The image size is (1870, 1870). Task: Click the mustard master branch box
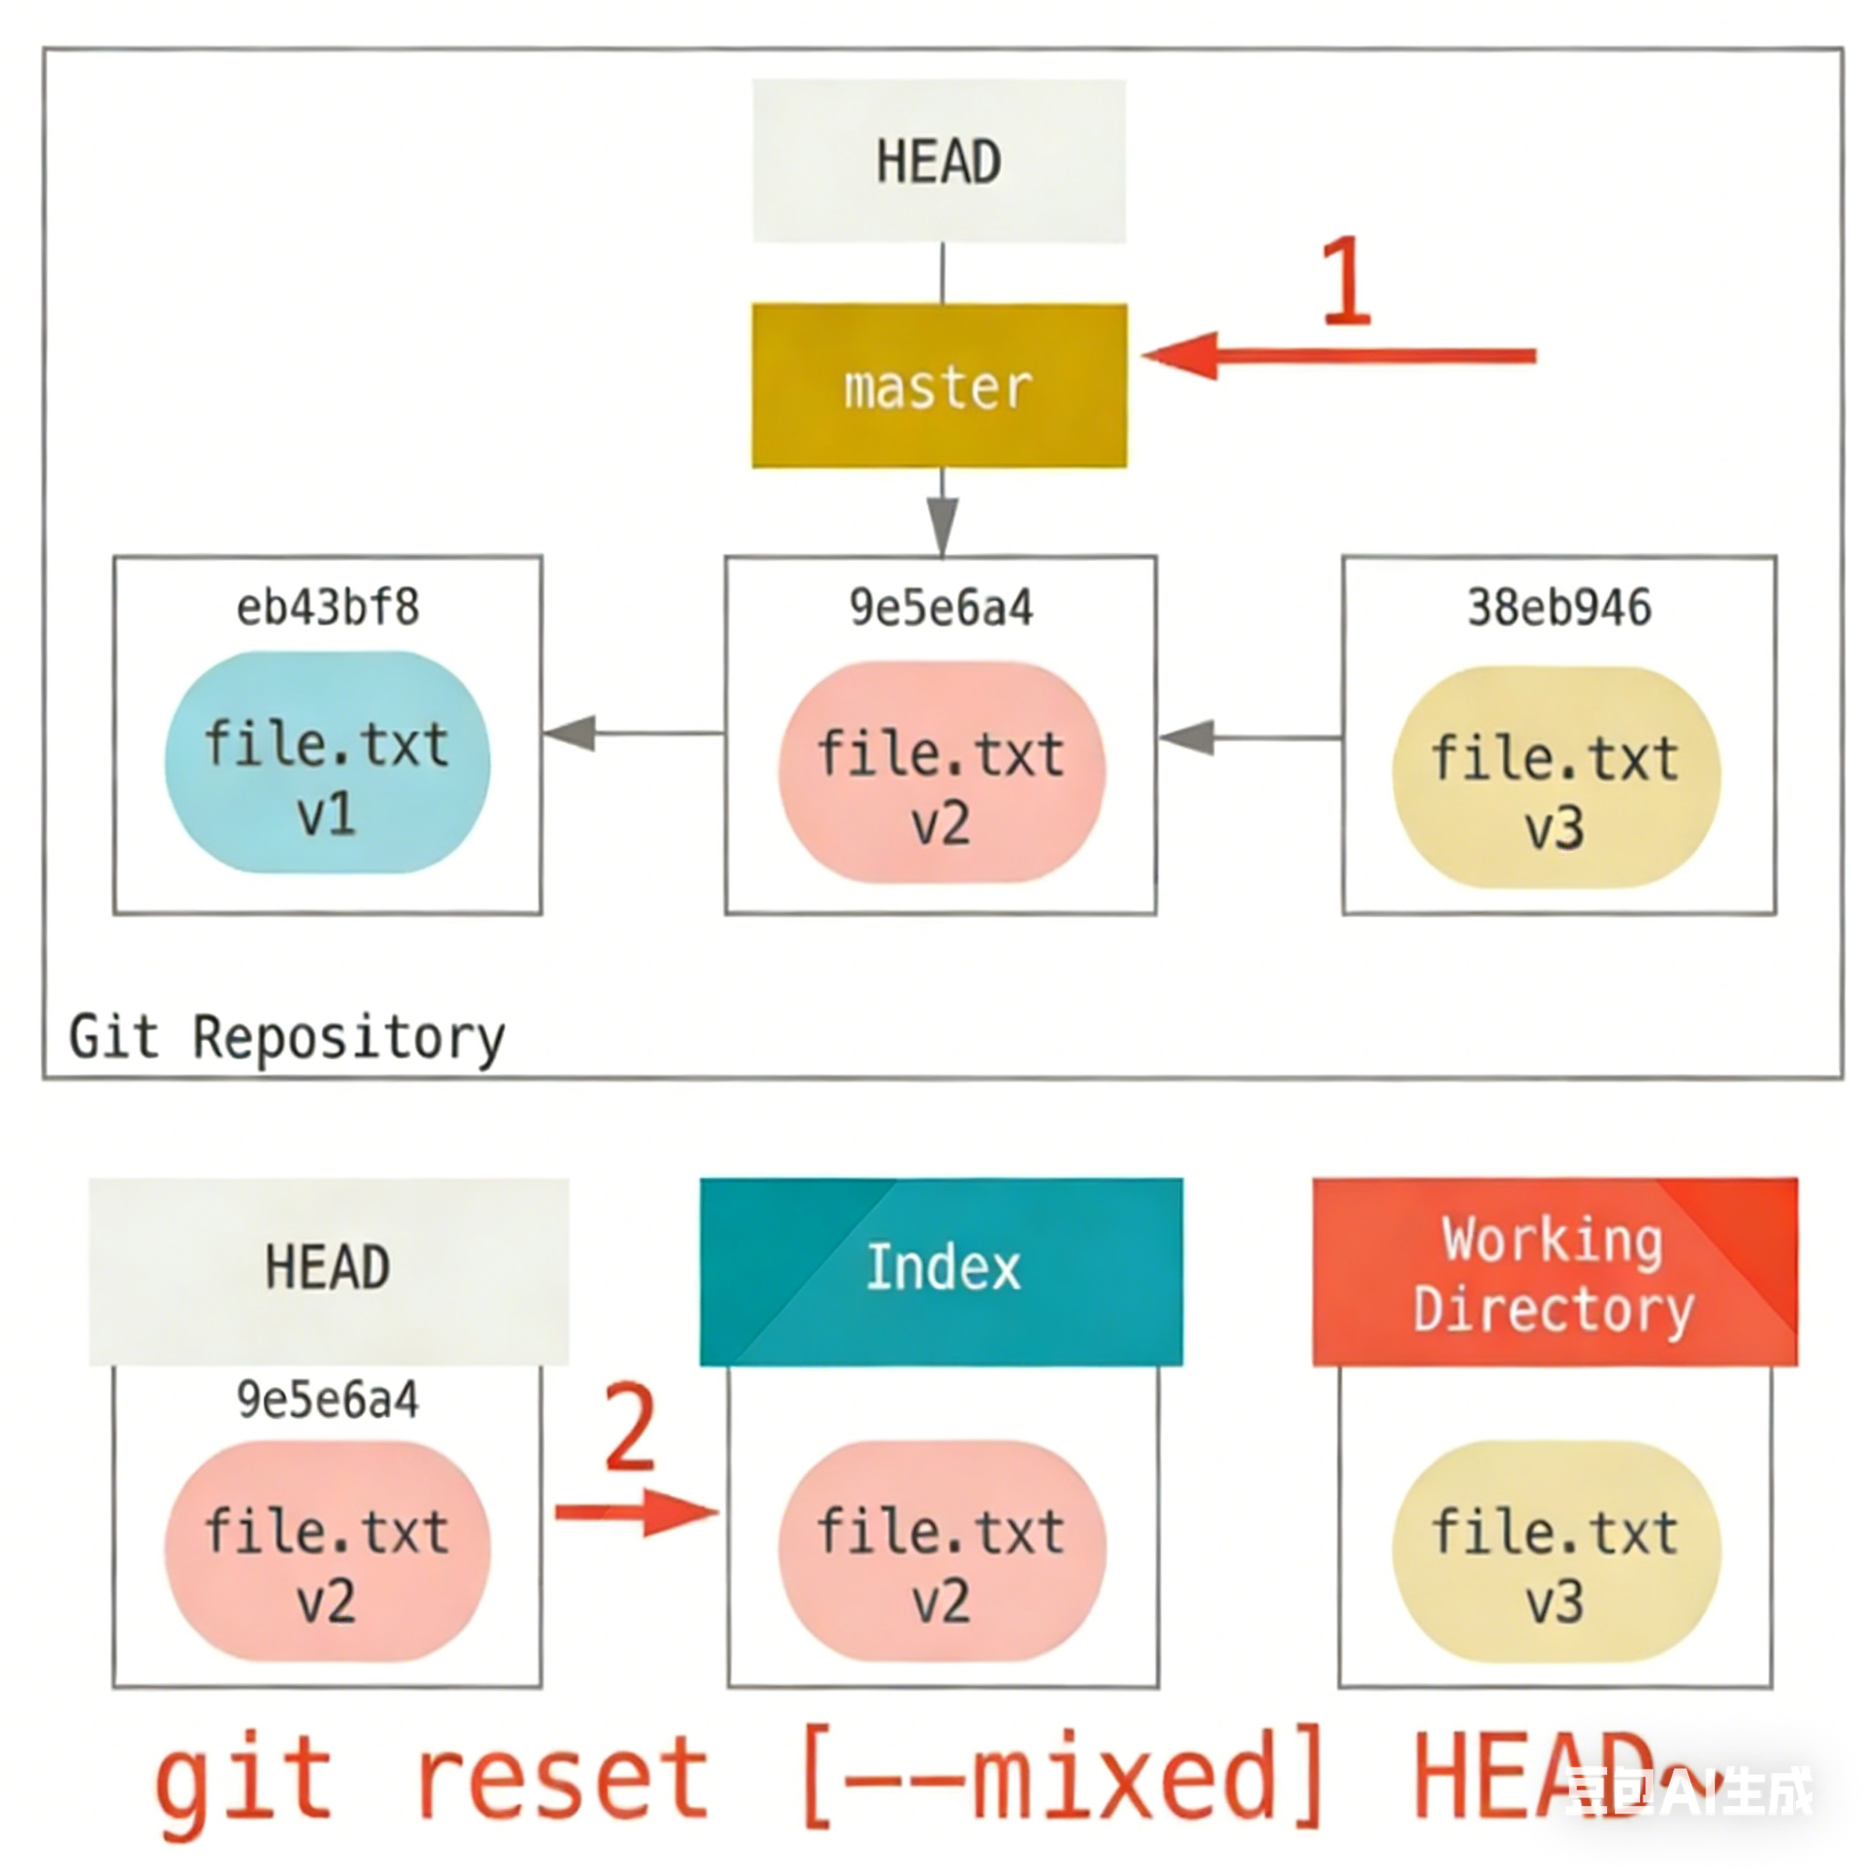[939, 385]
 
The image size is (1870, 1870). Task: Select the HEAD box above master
[939, 161]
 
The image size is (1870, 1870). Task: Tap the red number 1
[1347, 280]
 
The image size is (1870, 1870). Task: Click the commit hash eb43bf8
[327, 608]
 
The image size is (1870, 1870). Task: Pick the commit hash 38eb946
[1559, 608]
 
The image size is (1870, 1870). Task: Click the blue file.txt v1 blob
[327, 762]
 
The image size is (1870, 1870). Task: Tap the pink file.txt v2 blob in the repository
[940, 772]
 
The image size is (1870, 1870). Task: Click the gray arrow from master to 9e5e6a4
[941, 513]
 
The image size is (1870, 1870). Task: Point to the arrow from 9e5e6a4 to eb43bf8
[634, 732]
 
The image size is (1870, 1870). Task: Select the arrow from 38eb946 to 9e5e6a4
[1248, 738]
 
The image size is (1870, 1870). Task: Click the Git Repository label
[287, 1037]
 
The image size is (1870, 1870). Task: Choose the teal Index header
[940, 1271]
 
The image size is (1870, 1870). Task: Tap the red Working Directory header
[1554, 1271]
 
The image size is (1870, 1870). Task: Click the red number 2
[630, 1427]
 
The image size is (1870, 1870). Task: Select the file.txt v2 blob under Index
[940, 1550]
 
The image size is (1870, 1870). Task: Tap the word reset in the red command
[563, 1779]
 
